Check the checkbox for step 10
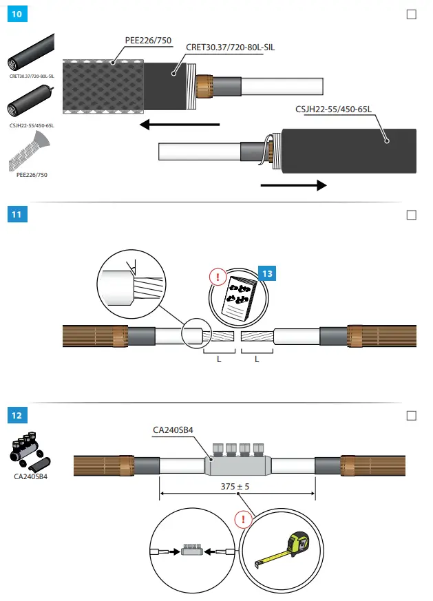(412, 14)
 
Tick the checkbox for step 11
(412, 215)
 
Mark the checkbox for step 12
(412, 415)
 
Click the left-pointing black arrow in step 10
(179, 125)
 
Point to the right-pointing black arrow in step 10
(293, 185)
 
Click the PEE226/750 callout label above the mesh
(148, 40)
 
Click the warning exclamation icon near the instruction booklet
(218, 278)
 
